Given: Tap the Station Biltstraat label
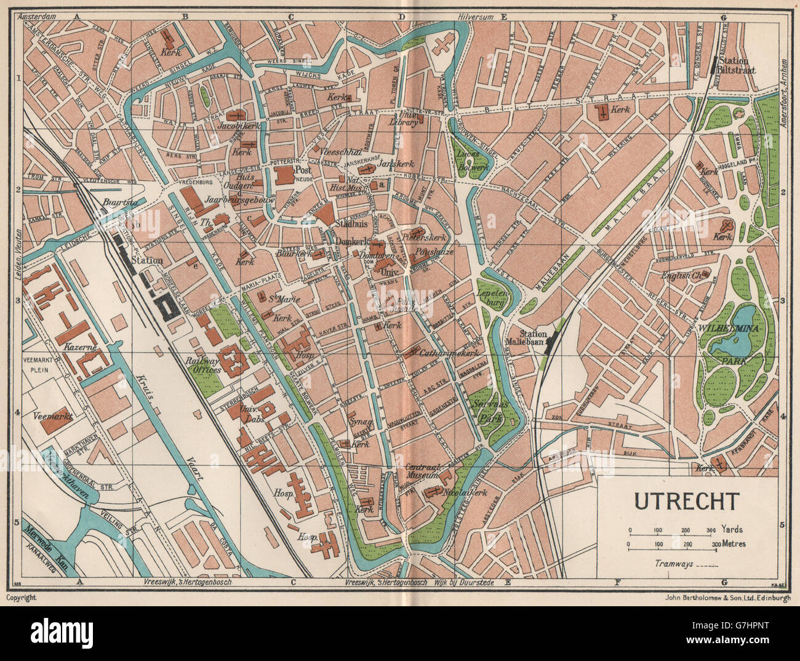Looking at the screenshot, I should (735, 66).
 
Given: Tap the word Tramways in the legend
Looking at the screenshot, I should (674, 563).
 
